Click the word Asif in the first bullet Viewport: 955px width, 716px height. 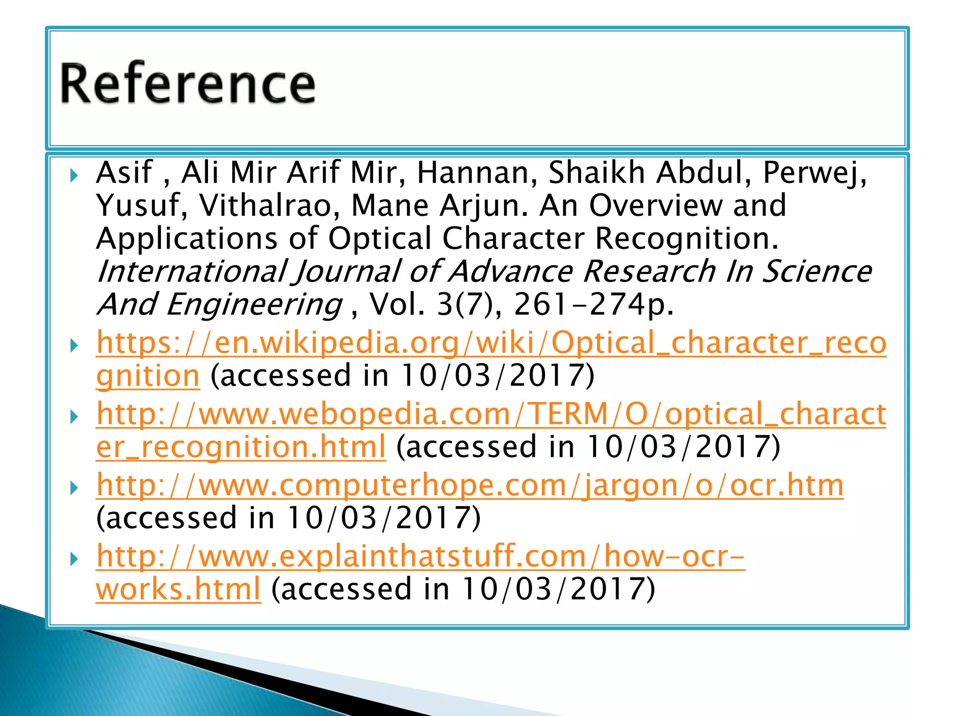(x=124, y=172)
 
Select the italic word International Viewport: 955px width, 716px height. (x=192, y=272)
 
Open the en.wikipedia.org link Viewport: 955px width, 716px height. (x=491, y=343)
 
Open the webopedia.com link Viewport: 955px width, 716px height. (x=491, y=414)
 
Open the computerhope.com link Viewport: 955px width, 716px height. (x=470, y=485)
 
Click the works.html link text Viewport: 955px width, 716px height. (x=178, y=589)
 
